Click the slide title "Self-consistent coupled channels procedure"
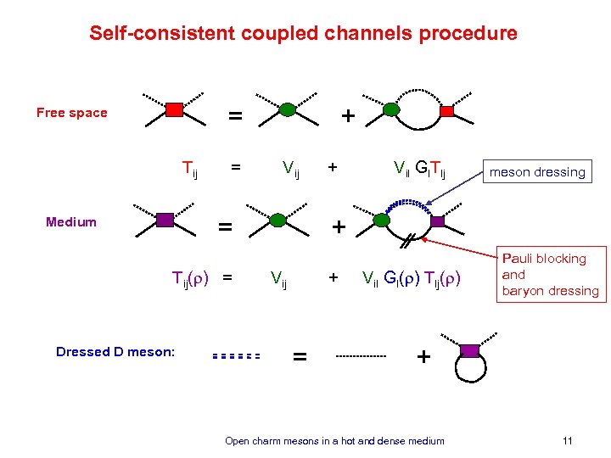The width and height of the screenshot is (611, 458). (303, 34)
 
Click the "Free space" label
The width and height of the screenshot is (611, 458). (71, 113)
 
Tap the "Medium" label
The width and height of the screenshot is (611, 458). (71, 222)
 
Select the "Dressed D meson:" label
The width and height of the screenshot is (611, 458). (115, 351)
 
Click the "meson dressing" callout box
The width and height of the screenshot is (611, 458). (537, 172)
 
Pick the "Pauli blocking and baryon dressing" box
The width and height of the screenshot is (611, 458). (549, 275)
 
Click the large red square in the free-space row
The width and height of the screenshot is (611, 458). (173, 109)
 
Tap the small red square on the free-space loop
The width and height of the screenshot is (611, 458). (447, 110)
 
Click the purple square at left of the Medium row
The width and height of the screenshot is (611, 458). (165, 220)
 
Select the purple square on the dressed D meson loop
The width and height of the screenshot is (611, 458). (469, 350)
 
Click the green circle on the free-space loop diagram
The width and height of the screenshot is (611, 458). (391, 109)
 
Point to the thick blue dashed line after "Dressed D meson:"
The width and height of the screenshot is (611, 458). (235, 356)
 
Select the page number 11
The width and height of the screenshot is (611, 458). (568, 440)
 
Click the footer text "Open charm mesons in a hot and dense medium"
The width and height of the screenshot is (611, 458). (334, 440)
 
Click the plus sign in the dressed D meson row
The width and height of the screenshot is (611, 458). (423, 357)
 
